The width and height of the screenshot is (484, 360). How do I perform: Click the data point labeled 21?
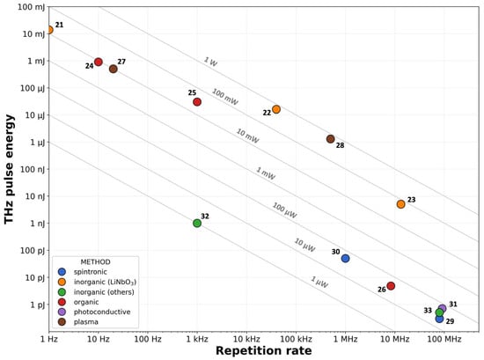pos(49,30)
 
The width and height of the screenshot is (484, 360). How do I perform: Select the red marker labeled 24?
pos(99,62)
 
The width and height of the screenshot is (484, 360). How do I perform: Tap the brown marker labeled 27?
pos(114,69)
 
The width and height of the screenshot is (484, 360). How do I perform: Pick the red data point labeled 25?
pos(197,102)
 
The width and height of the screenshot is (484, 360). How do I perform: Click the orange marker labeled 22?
pos(276,109)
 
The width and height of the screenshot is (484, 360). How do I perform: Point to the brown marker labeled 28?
pos(331,139)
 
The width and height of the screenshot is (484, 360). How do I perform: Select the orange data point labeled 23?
pos(401,204)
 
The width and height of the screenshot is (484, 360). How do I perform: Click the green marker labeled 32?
pos(197,224)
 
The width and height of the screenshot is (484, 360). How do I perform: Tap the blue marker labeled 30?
pos(346,259)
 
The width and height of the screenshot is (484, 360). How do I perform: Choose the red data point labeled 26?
pos(391,286)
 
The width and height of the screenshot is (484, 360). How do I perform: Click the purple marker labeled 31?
pos(443,309)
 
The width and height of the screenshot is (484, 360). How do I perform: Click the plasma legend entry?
pos(86,322)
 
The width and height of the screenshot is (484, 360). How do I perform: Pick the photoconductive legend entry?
pos(101,312)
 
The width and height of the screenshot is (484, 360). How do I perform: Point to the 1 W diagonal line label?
pos(209,62)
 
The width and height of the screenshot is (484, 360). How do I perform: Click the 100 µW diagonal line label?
pos(284,209)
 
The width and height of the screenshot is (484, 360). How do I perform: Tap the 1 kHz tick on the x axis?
pos(197,338)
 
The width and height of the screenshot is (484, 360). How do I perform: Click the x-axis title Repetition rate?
pos(263,351)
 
